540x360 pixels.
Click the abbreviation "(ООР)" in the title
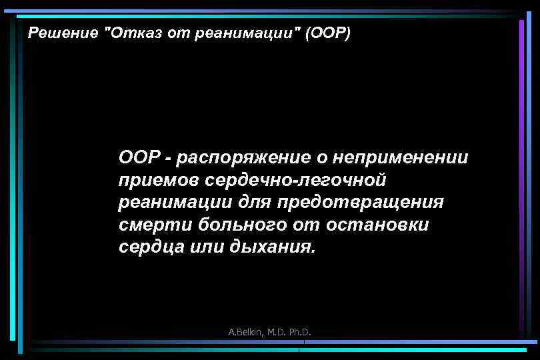pyautogui.click(x=327, y=33)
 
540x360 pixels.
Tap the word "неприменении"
pyautogui.click(x=401, y=158)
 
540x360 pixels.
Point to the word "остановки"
pyautogui.click(x=378, y=224)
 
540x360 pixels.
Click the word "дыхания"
pyautogui.click(x=271, y=246)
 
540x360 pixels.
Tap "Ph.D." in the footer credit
pyautogui.click(x=300, y=332)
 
